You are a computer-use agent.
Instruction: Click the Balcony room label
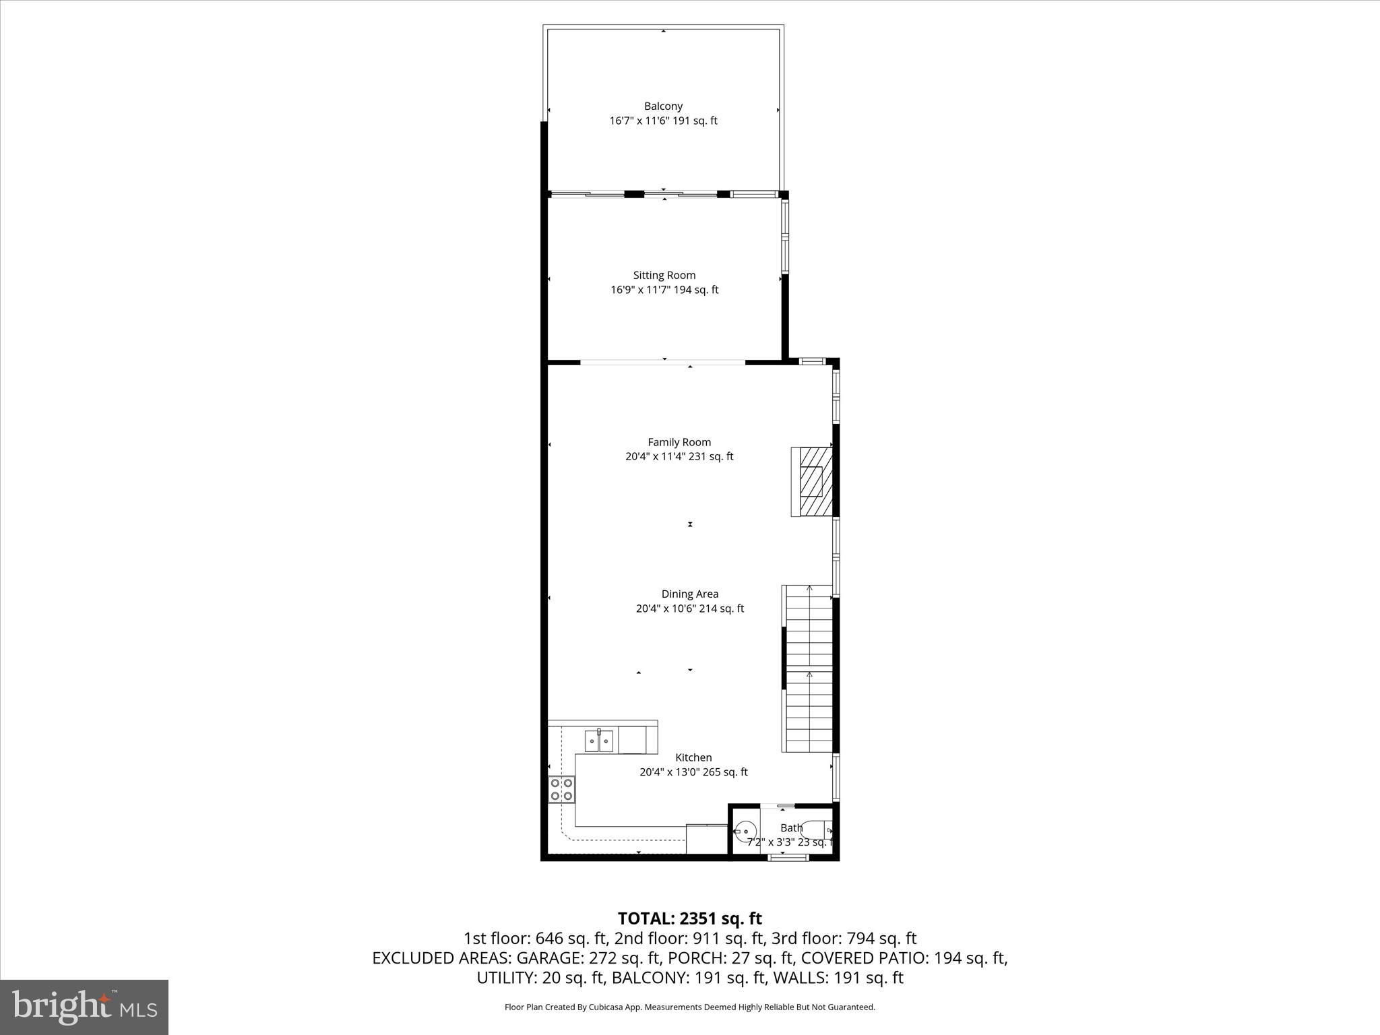663,106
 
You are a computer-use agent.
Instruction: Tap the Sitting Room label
664,275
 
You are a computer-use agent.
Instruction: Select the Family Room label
679,442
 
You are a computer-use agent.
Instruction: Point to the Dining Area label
689,594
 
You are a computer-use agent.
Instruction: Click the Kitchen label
693,757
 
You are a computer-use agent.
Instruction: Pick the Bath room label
791,828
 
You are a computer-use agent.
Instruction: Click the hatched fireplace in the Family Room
812,481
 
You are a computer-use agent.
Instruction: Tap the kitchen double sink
598,741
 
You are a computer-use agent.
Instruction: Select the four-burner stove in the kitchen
561,789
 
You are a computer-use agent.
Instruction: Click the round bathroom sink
745,832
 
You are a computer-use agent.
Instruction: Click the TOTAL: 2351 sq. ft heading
689,918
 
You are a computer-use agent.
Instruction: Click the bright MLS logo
84,1007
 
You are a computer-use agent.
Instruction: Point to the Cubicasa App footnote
689,1007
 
